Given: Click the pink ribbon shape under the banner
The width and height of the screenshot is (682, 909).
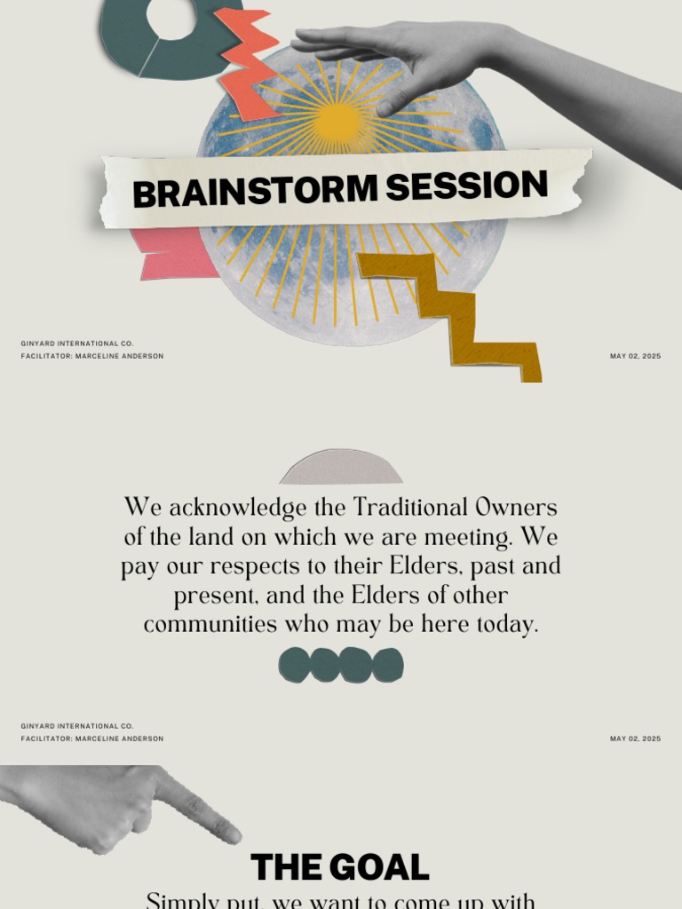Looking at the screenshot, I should (173, 253).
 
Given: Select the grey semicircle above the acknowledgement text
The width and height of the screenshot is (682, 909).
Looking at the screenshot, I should (341, 468).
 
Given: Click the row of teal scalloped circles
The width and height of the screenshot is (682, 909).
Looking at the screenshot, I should (341, 665).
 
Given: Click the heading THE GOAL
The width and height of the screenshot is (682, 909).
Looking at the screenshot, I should (340, 867).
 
